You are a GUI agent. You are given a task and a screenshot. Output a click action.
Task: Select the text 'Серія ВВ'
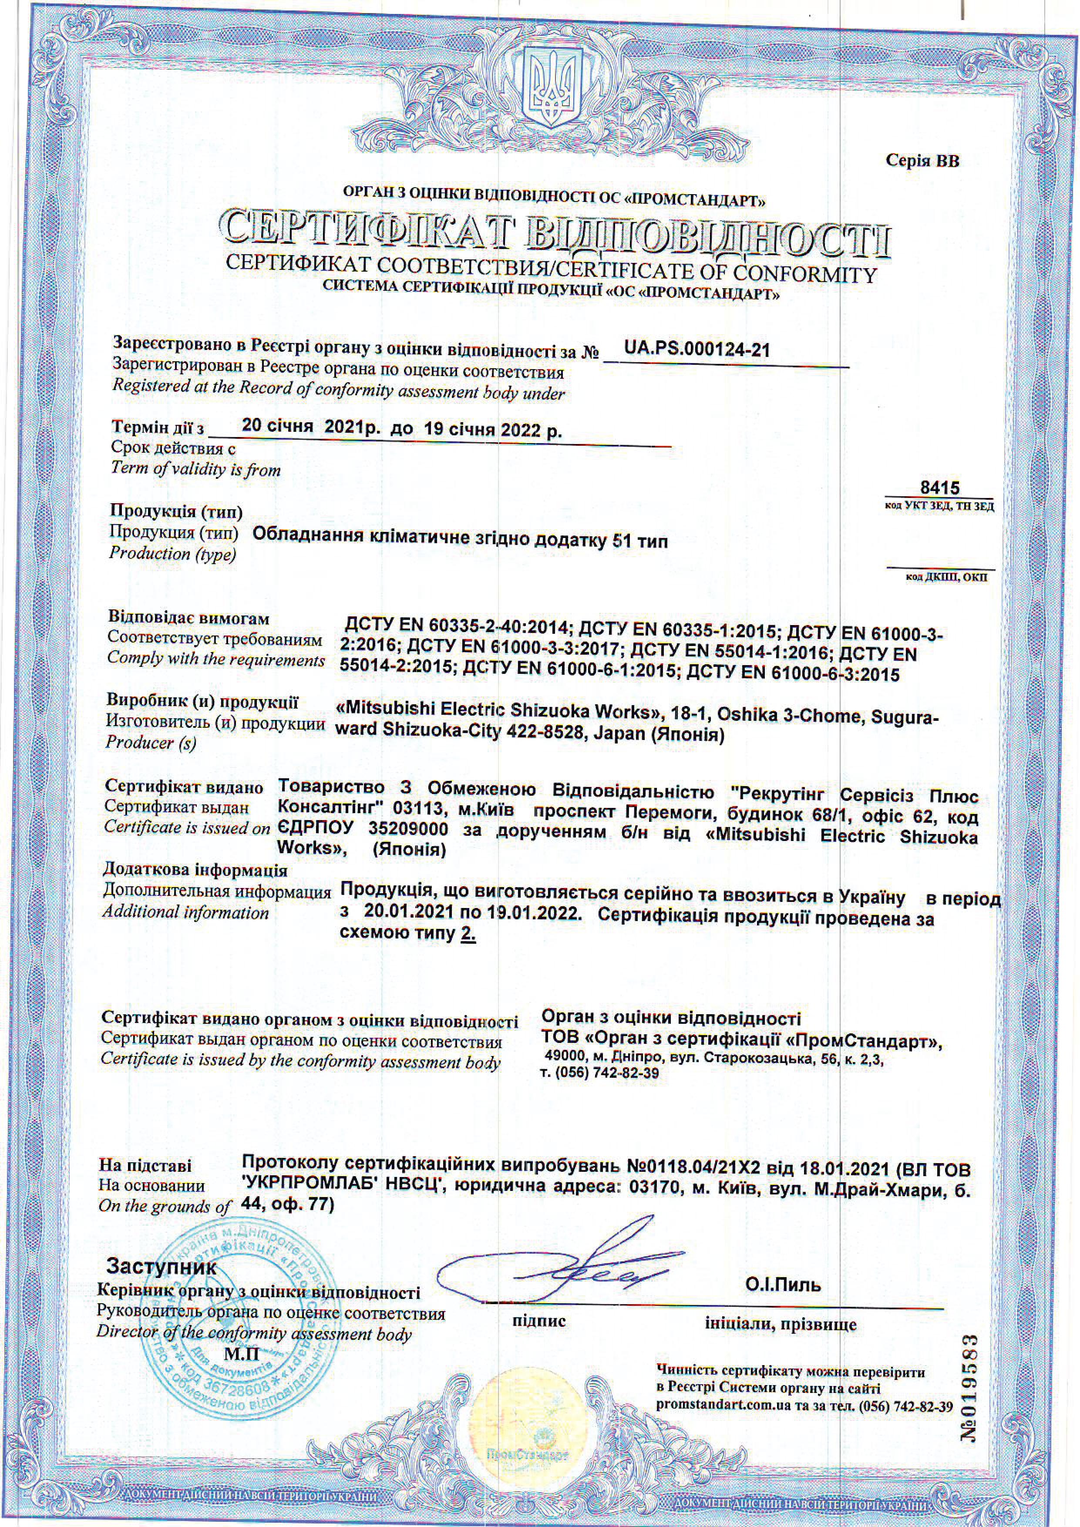(922, 161)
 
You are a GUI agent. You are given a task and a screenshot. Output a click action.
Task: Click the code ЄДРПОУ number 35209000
(406, 831)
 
